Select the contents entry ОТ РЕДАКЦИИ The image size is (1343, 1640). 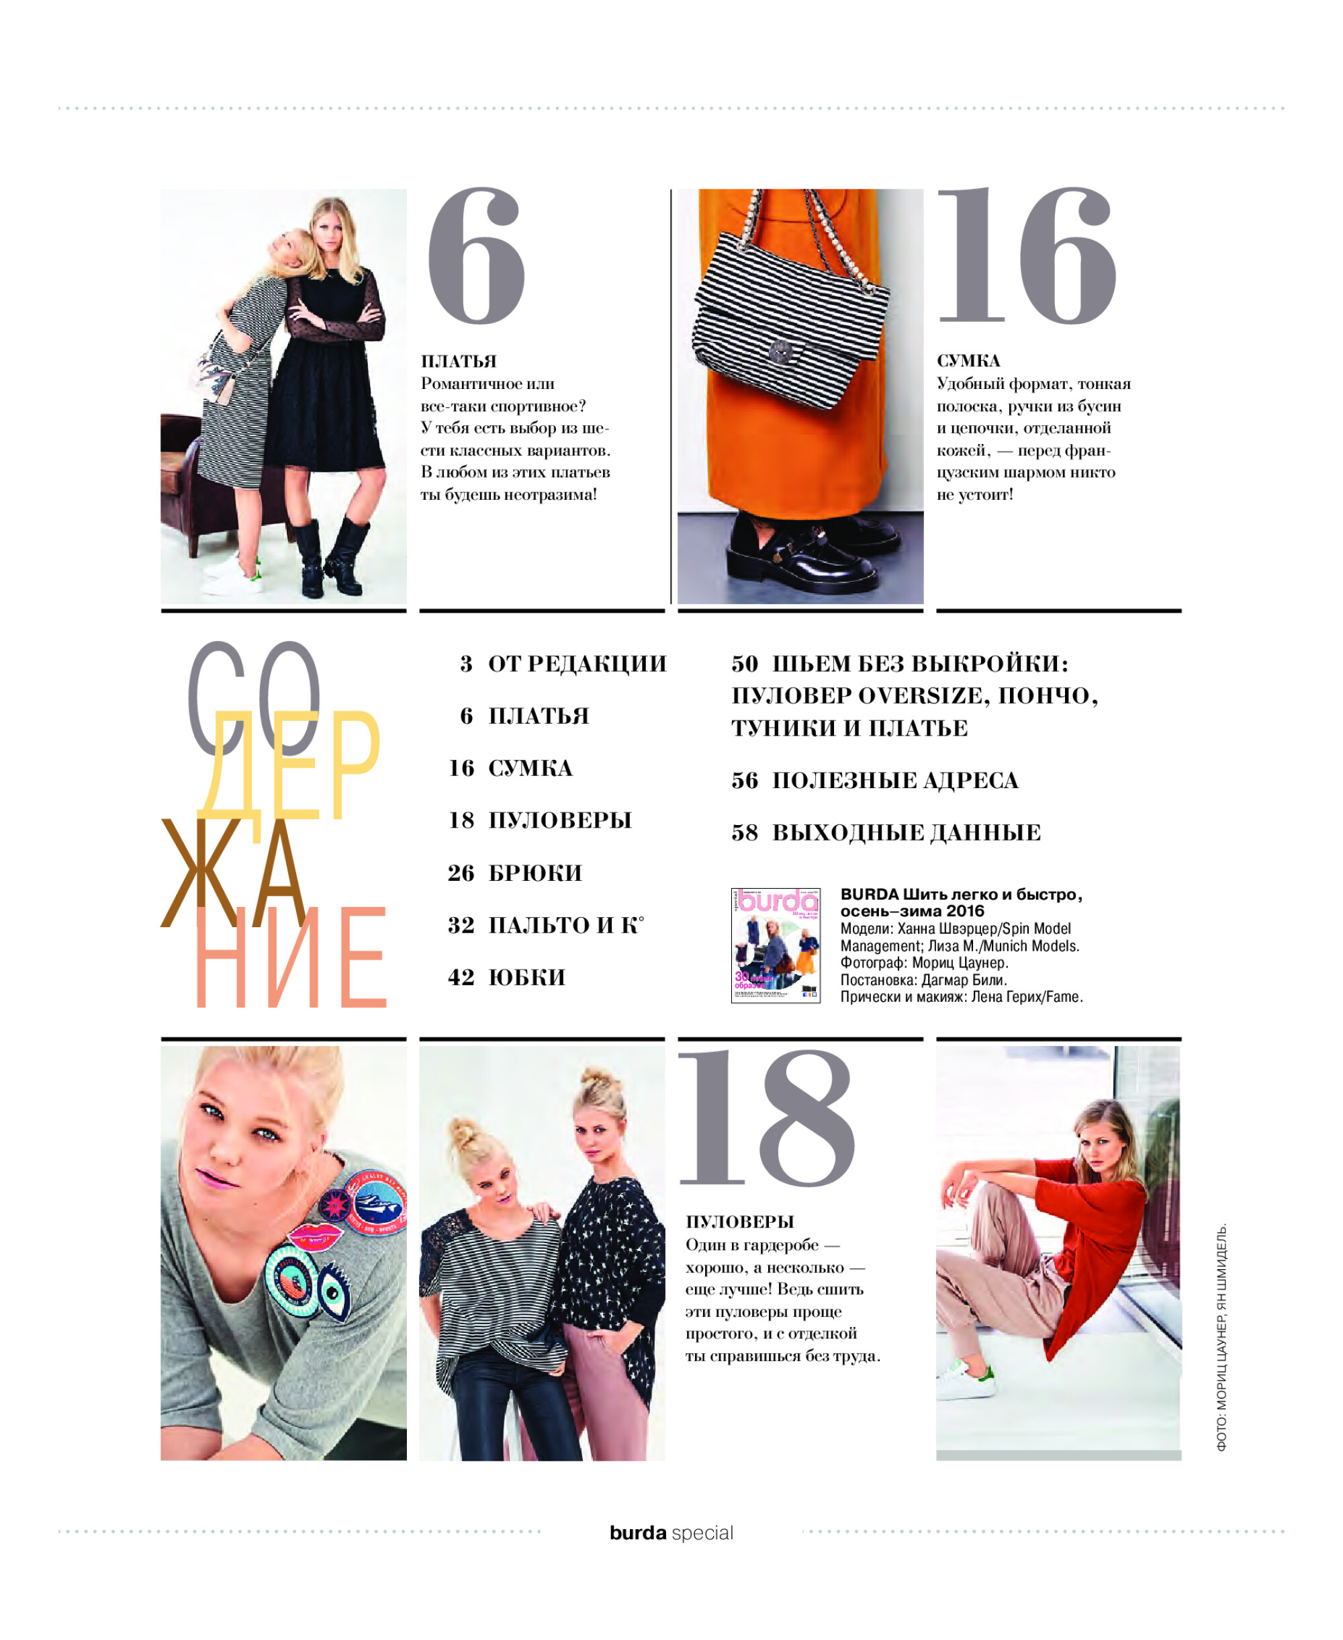[576, 664]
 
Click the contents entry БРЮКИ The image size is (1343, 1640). [535, 873]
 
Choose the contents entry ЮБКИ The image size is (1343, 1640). [527, 978]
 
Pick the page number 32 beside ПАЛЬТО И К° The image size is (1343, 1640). [461, 926]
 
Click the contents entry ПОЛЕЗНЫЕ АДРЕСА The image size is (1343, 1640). [895, 780]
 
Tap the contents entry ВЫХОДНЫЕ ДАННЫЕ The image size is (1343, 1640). [906, 833]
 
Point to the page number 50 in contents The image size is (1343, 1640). [745, 664]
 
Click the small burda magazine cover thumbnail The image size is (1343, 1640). [775, 945]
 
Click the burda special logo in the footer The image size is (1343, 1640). [671, 1533]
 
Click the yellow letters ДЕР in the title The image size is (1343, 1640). [290, 764]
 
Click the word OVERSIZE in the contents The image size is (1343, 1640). [921, 696]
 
